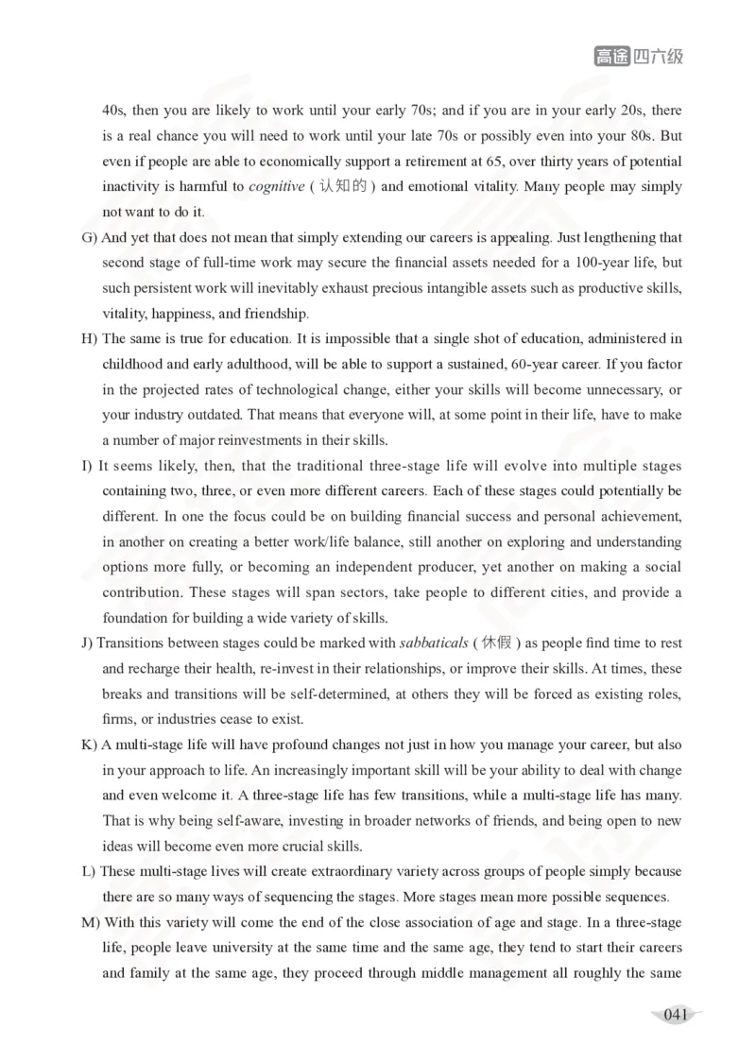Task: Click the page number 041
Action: pos(675,1015)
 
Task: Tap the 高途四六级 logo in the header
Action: pos(638,57)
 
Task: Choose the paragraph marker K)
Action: pos(91,745)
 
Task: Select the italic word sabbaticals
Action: pos(433,642)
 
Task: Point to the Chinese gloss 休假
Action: pos(496,642)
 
